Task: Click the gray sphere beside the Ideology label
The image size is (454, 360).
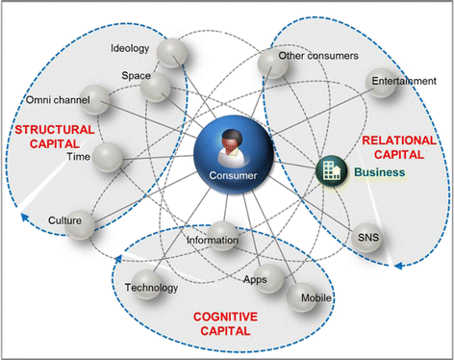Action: click(173, 53)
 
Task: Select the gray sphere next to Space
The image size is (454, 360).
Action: click(156, 88)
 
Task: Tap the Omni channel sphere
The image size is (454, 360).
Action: click(94, 100)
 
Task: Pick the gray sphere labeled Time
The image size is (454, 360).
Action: click(108, 157)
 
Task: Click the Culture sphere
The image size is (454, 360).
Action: click(80, 224)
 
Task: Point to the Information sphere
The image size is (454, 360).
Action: click(222, 236)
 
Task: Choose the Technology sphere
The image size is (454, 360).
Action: click(146, 284)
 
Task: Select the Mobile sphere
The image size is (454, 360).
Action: click(301, 297)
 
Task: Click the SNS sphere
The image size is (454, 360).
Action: click(366, 238)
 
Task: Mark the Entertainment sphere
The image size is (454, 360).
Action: click(381, 83)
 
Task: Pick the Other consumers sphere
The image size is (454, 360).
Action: click(273, 64)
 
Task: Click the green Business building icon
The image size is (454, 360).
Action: click(332, 171)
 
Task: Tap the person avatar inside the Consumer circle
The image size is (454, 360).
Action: click(231, 148)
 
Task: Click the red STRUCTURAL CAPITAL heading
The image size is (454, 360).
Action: click(55, 137)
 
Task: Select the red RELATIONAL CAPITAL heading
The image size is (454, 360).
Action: click(399, 147)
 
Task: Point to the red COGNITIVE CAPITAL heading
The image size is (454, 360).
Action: click(225, 323)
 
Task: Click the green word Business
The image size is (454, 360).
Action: click(380, 172)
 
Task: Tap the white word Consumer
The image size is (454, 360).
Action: click(233, 175)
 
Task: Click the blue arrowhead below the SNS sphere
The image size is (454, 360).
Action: click(398, 266)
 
